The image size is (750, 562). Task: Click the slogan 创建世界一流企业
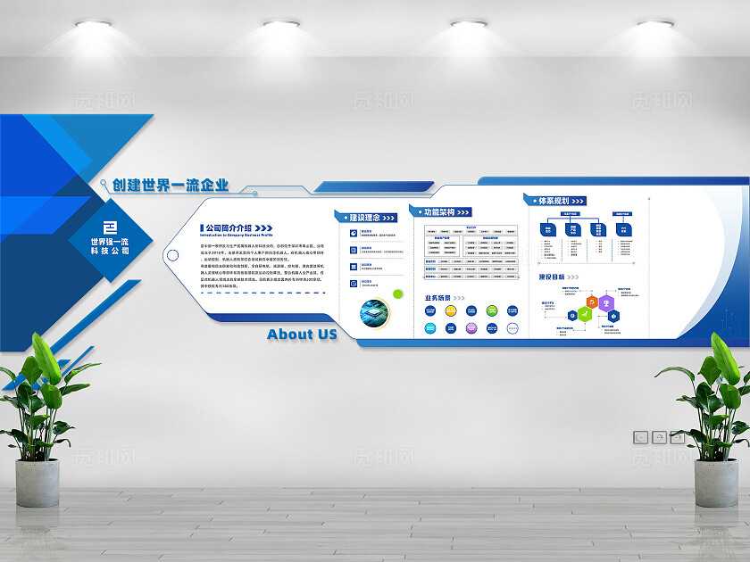tap(171, 186)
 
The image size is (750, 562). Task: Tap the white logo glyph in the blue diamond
tap(110, 225)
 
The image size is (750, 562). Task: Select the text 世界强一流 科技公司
tap(110, 246)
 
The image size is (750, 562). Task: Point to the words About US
tap(302, 334)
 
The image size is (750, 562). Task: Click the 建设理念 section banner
tap(365, 217)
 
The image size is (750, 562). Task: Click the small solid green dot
tap(398, 293)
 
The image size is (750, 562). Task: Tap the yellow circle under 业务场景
tap(451, 310)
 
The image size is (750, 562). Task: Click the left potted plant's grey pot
tap(37, 486)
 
